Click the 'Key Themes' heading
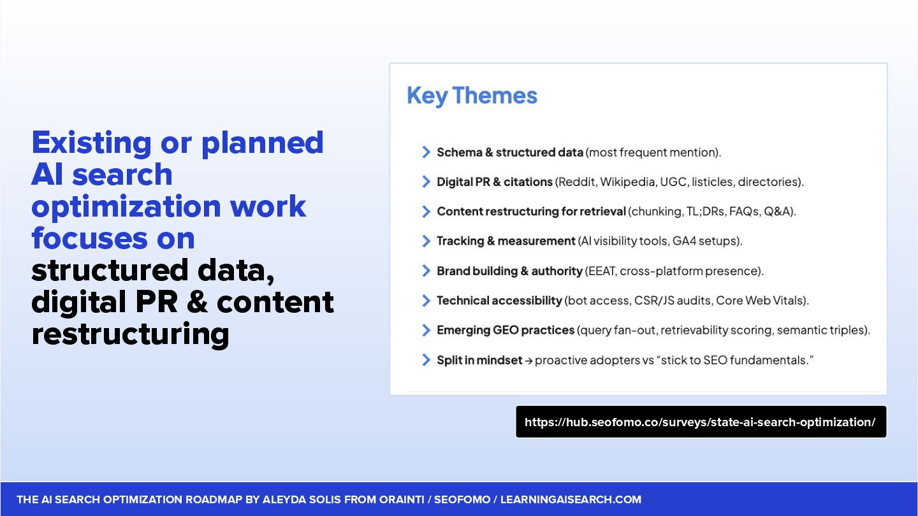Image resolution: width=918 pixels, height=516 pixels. point(472,96)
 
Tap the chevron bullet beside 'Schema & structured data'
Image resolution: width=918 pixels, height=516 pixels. point(426,152)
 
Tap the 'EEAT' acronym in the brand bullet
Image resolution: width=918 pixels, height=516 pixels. point(602,271)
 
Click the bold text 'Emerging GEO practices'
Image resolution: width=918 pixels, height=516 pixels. point(506,330)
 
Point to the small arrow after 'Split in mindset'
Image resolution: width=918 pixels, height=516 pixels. point(528,361)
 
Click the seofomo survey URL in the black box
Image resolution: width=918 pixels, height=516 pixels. point(700,422)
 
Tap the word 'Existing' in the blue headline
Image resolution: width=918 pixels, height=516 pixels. point(91,143)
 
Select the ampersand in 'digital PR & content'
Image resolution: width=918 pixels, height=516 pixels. point(197,302)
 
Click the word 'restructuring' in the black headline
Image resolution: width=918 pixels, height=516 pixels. point(130,334)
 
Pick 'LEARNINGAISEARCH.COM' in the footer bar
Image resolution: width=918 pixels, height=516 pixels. point(571,499)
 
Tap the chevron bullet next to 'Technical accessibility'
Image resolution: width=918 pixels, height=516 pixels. point(426,301)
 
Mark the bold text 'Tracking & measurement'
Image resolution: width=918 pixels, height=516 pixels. point(506,241)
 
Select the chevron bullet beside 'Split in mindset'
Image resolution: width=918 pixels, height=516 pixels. point(426,360)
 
